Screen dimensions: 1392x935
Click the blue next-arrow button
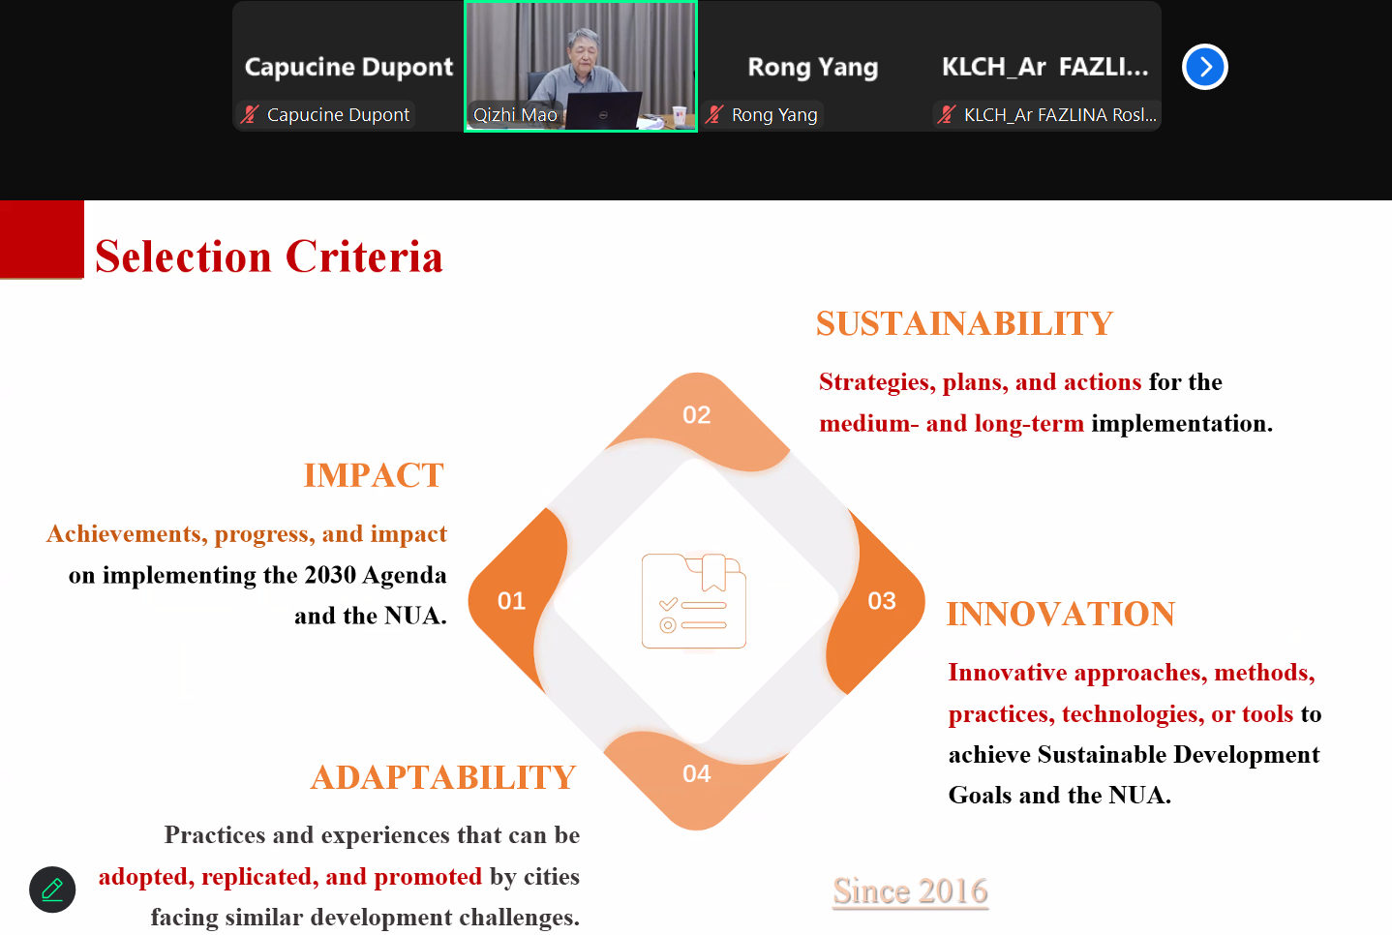click(1204, 67)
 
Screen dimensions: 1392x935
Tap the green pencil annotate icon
click(52, 890)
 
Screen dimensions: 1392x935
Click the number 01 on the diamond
click(511, 601)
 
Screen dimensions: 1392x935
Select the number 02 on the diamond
click(696, 414)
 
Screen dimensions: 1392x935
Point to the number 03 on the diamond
click(881, 601)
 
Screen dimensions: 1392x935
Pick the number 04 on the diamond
click(696, 773)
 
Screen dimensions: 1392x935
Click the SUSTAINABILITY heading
click(964, 323)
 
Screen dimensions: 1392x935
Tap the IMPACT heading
click(374, 475)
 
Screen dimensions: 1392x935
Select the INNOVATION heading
click(1060, 614)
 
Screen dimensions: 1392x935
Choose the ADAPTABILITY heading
click(443, 777)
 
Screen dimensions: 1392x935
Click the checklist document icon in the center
click(693, 601)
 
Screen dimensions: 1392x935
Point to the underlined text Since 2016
click(910, 891)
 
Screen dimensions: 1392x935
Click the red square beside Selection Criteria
click(42, 239)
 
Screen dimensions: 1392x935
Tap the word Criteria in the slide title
click(364, 256)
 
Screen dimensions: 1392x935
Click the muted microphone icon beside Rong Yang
click(714, 114)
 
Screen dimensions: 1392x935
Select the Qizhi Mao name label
click(515, 115)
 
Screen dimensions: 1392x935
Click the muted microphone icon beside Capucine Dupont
click(250, 114)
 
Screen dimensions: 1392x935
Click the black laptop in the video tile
click(603, 110)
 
